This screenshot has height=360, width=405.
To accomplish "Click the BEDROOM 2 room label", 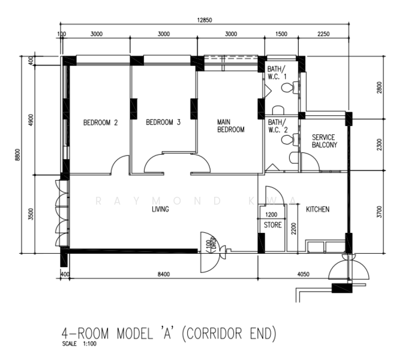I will click(x=100, y=123).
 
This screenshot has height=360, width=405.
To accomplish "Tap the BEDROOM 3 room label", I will click(x=163, y=123).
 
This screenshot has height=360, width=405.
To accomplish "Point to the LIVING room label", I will click(x=160, y=209).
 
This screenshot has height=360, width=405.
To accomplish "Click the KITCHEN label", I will click(x=318, y=209).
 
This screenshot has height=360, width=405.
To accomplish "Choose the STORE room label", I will click(x=272, y=225).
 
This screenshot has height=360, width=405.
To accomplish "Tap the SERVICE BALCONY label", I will click(x=324, y=141).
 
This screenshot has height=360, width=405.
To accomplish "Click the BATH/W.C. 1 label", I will click(x=277, y=72).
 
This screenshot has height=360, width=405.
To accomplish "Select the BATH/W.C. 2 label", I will click(x=277, y=125).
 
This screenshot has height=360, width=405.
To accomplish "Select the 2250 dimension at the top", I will click(x=324, y=34).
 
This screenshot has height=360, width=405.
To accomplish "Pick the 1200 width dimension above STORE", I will click(x=271, y=215).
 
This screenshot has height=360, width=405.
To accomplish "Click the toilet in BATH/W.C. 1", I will click(x=288, y=88).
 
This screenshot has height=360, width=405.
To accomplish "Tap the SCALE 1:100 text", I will click(x=77, y=344).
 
